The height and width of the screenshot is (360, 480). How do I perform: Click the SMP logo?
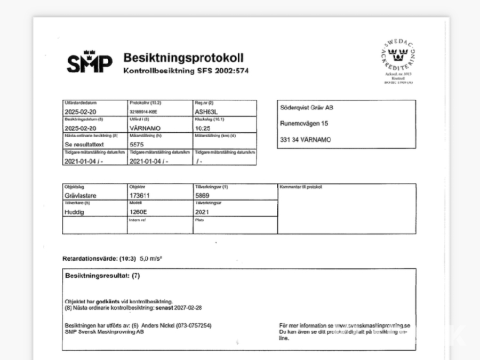pos(90,64)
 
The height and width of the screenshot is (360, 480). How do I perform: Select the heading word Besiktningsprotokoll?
pos(183,58)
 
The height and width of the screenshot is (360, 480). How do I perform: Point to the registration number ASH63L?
pos(207,113)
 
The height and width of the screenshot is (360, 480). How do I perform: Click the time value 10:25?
pos(203,129)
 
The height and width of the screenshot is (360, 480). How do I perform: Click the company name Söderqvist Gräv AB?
pos(307,107)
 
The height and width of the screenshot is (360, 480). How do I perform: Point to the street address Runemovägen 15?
pos(304,123)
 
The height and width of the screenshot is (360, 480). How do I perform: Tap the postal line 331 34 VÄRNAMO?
pos(305,139)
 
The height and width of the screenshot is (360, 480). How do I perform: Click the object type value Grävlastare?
pos(80,196)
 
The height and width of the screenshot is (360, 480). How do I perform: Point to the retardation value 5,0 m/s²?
pos(151,259)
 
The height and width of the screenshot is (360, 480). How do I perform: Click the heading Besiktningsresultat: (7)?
pos(102,276)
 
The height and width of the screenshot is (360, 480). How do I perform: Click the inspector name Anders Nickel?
pos(162,325)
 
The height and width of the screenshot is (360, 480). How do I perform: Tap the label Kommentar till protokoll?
pos(301,187)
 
